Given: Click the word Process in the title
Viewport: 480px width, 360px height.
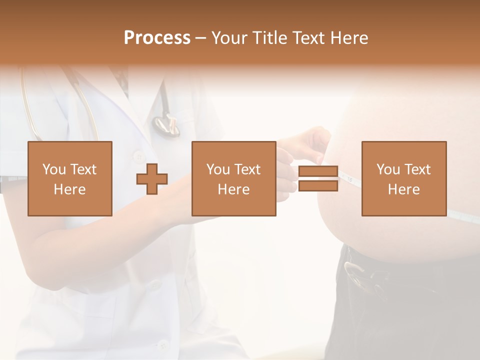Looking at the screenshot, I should pos(157,38).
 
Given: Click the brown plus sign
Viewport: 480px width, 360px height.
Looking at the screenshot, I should pos(152,179).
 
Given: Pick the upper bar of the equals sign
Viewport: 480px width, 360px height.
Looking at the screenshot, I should pos(318,171).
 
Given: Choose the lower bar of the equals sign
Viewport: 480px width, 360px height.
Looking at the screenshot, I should pos(318,186).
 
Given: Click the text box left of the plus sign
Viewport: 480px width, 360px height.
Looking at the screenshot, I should pos(70,178).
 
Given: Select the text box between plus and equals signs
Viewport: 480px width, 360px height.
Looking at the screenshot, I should pos(233,178).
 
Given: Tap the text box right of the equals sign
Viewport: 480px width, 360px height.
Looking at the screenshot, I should pos(404,178).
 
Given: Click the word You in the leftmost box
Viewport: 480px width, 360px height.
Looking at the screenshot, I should pos(54,169).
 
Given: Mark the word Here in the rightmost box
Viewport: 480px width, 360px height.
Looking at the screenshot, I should pos(404,189).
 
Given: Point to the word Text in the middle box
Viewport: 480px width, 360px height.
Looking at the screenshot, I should pos(247,169).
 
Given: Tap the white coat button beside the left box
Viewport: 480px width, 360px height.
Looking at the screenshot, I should pos(138,157).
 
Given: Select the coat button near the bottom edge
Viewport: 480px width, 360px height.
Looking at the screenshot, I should pos(162,344).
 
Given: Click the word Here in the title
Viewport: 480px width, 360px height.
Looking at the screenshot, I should pos(349,38).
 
